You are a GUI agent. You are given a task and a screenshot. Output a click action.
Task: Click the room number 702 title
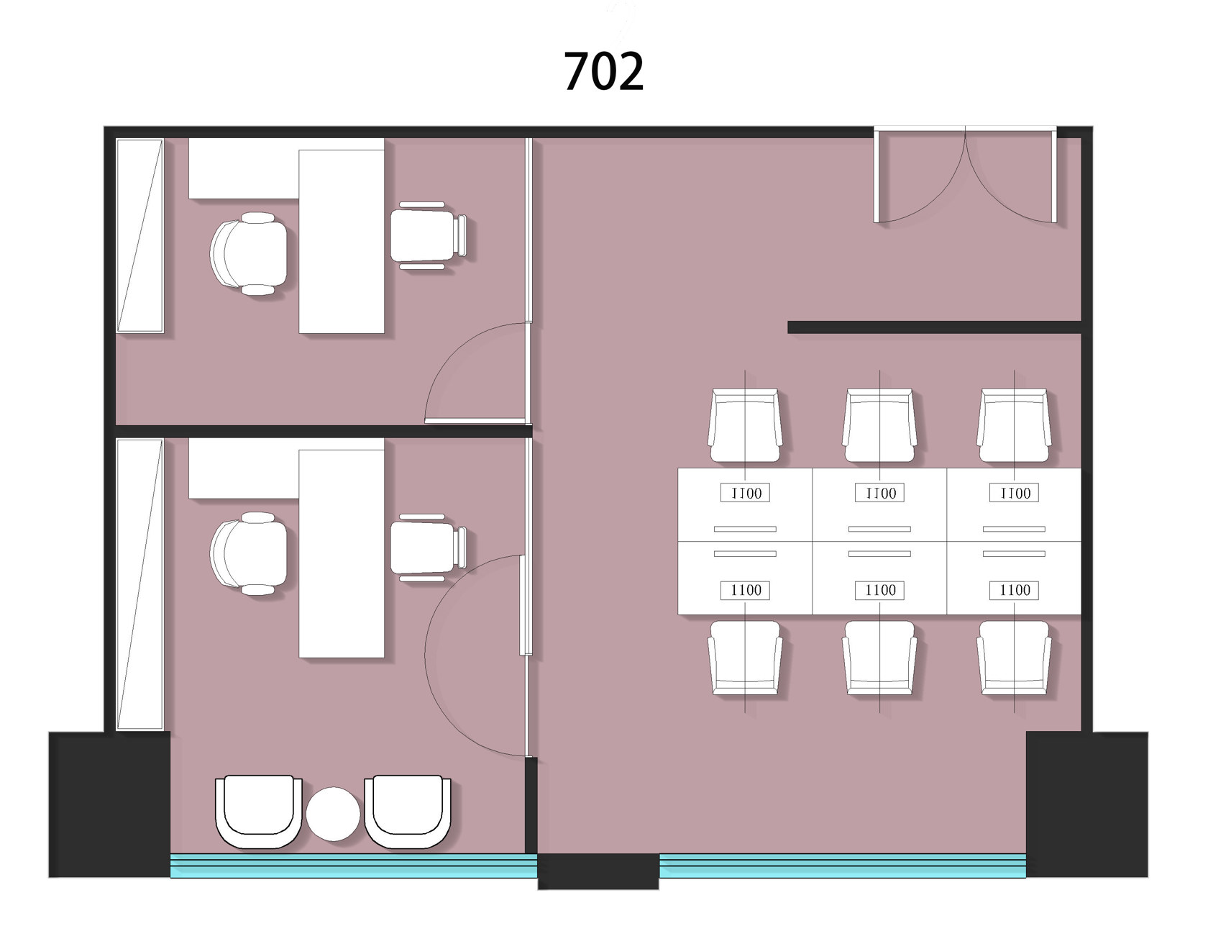[603, 71]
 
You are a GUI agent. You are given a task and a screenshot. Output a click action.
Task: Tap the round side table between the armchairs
[332, 814]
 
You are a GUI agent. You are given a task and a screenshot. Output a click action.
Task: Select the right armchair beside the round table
[408, 812]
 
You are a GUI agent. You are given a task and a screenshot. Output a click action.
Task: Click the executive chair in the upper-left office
[249, 253]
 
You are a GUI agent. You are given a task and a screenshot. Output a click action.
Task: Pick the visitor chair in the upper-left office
[429, 235]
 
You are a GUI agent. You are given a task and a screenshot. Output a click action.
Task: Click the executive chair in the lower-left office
[249, 553]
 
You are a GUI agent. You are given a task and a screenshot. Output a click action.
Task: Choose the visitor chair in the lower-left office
[429, 548]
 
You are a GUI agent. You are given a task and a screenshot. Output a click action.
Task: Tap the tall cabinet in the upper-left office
[140, 235]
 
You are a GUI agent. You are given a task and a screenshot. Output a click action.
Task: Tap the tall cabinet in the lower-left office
[140, 584]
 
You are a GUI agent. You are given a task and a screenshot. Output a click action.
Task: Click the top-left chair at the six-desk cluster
[745, 426]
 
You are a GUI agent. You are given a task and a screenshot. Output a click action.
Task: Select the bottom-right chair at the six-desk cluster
[1014, 658]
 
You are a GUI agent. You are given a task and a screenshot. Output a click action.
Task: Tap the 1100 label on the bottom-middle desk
[880, 590]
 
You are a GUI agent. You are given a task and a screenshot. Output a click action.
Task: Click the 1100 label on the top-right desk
[1015, 493]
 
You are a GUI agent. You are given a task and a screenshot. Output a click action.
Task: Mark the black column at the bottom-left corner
[109, 804]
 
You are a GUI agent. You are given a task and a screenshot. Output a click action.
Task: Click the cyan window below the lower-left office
[354, 866]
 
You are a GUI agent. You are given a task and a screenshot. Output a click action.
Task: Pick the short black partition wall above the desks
[935, 327]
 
